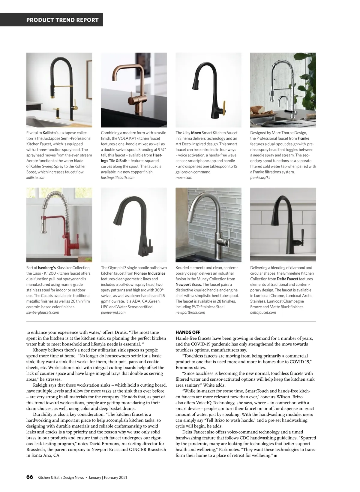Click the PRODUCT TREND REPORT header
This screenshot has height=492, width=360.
click(62, 20)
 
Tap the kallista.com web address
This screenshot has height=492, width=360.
click(36, 177)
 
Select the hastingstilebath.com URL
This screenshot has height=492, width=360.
click(118, 177)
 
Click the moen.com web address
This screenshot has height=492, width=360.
click(184, 177)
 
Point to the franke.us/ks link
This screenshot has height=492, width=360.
click(260, 177)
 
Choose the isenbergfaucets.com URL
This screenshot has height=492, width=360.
click(43, 312)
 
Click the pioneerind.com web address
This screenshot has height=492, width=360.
click(113, 312)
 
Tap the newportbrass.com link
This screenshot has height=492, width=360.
click(190, 312)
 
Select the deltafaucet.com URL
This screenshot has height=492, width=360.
click(263, 312)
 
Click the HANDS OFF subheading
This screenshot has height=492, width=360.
click(188, 332)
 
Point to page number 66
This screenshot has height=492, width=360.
click(30, 477)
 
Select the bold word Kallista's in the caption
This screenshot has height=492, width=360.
click(50, 133)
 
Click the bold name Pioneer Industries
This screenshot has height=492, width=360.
click(150, 273)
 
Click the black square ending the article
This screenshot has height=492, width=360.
click(275, 456)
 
